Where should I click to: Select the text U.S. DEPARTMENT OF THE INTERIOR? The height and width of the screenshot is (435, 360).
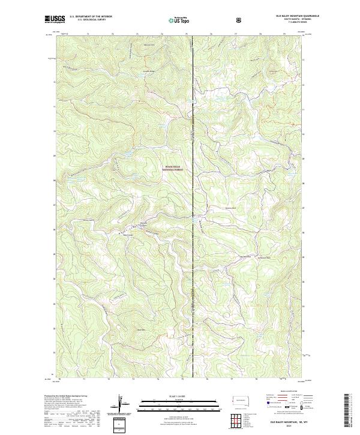[x=91, y=17]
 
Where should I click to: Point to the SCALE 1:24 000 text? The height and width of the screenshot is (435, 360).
[x=172, y=396]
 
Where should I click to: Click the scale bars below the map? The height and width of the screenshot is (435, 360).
[x=172, y=407]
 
